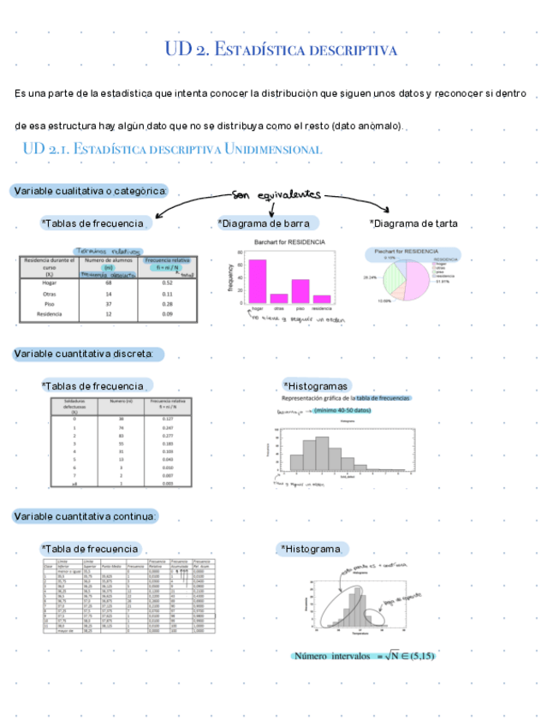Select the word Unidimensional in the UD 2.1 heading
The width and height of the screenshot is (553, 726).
click(273, 150)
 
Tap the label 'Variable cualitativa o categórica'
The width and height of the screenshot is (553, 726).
click(90, 190)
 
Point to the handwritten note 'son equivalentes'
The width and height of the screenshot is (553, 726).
click(275, 193)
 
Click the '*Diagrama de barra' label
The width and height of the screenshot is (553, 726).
click(268, 223)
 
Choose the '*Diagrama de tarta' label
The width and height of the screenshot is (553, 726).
click(413, 223)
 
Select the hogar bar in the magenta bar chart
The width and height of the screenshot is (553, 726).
click(257, 282)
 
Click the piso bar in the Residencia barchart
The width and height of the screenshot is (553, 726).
click(300, 291)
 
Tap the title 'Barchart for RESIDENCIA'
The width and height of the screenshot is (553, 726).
click(289, 243)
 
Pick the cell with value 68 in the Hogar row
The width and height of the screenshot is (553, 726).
click(109, 283)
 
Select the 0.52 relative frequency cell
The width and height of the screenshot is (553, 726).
click(168, 283)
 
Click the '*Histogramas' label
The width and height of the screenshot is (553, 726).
click(316, 386)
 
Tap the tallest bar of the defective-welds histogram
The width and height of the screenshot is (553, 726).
click(322, 454)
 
